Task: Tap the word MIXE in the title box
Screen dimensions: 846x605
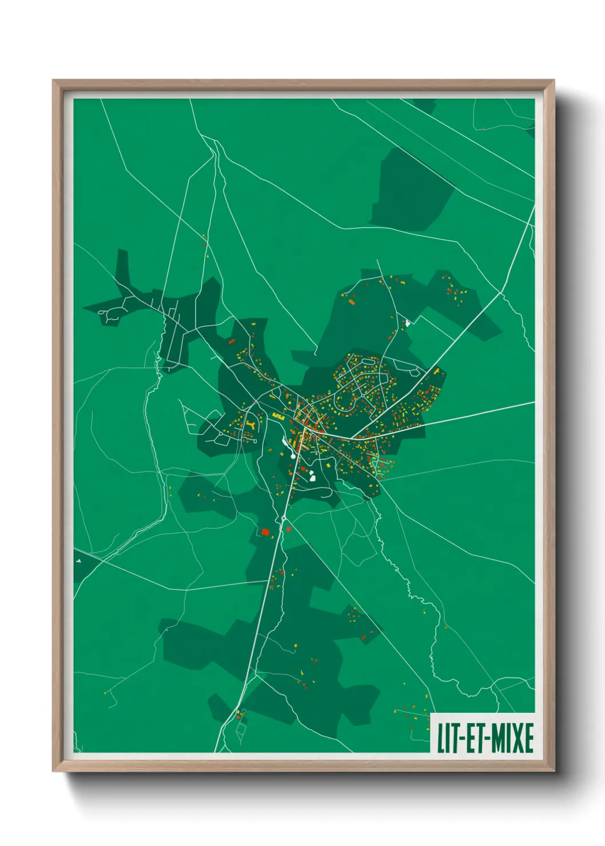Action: [x=512, y=738]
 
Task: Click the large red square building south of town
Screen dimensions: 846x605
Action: [x=265, y=532]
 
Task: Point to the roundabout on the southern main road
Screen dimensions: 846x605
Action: [x=284, y=518]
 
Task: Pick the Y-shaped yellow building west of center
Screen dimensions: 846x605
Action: [x=251, y=425]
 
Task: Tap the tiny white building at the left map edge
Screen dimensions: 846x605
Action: [x=78, y=561]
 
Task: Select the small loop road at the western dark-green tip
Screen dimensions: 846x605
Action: [x=106, y=313]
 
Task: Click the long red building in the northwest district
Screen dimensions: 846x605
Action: [x=232, y=341]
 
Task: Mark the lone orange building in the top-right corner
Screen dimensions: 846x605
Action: [x=483, y=129]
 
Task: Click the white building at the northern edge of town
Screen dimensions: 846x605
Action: [x=408, y=323]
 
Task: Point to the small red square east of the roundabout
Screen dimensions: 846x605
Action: [x=288, y=529]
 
